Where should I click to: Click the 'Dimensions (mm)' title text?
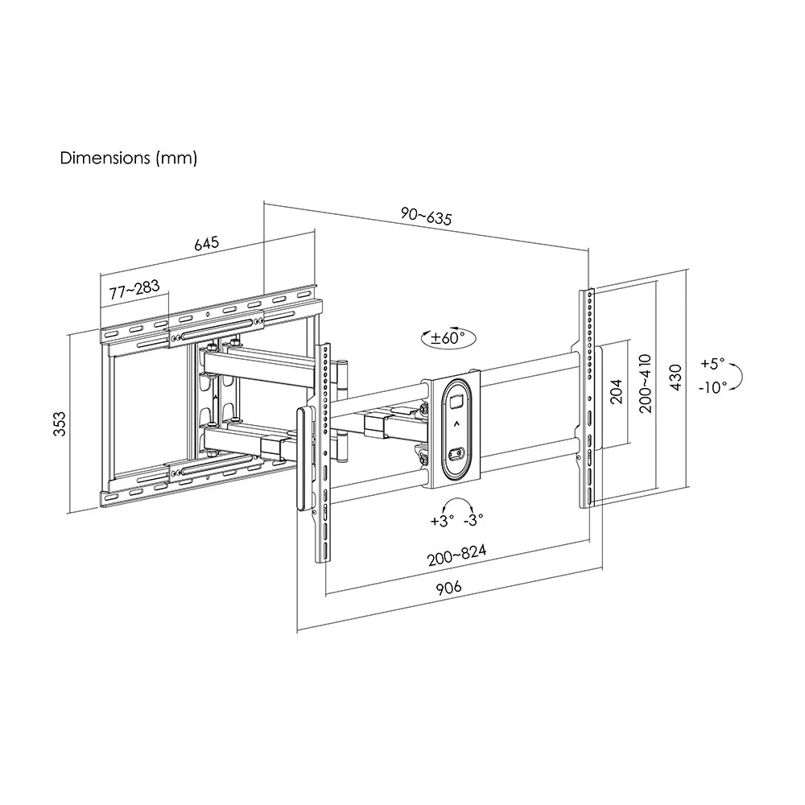129,158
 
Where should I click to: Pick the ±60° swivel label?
444,338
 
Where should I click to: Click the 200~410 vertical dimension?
646,384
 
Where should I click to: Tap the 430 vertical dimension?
676,377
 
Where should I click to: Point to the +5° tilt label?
712,362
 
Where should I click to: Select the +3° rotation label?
442,521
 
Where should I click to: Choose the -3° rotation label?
474,521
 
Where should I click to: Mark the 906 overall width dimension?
448,587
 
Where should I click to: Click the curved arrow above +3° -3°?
457,504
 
